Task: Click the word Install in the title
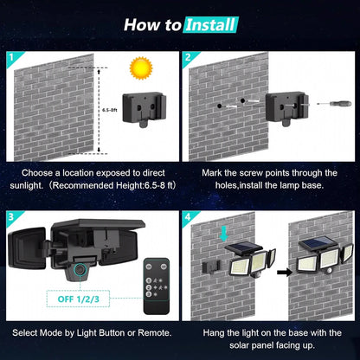coord(211,24)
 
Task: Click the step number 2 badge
coord(189,60)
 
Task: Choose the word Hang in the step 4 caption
coord(205,332)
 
